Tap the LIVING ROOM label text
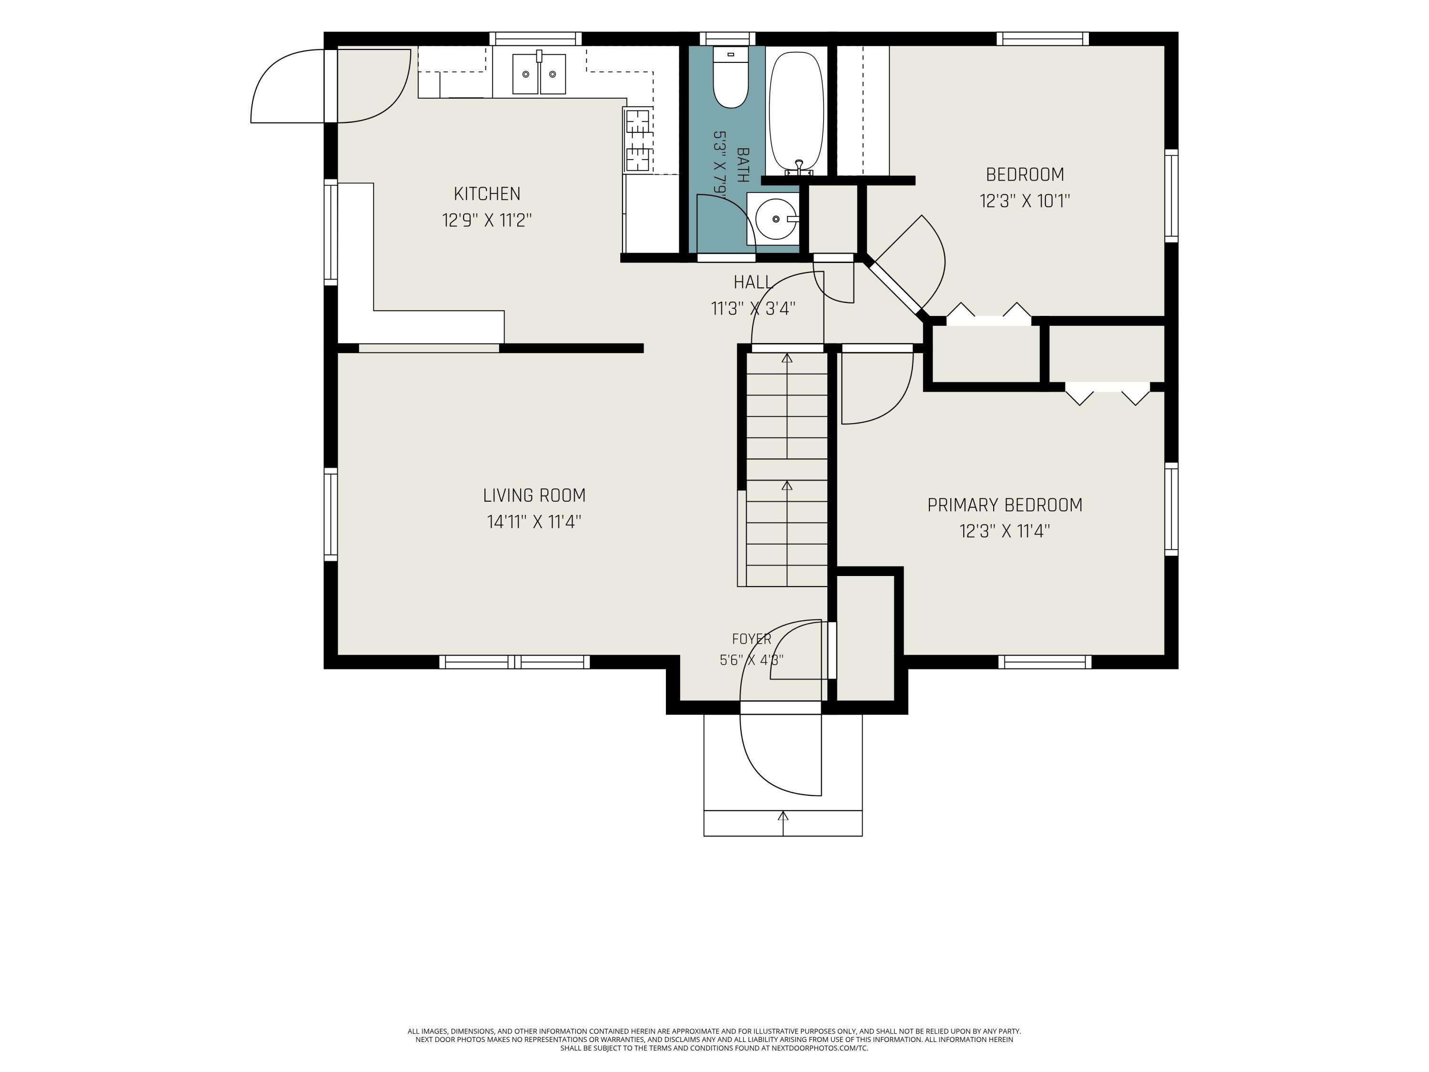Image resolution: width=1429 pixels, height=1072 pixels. [534, 496]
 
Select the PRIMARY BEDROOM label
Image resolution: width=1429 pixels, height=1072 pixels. [1005, 506]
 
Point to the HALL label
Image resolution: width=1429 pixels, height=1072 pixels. [753, 283]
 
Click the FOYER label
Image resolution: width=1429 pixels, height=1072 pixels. [751, 639]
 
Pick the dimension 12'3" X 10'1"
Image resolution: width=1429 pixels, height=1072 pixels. [1025, 201]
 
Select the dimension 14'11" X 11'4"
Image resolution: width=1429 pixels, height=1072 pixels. [534, 522]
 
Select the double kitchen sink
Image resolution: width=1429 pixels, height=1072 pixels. [539, 74]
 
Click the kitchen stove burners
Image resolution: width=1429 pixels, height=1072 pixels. [638, 140]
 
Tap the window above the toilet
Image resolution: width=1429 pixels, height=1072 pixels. [727, 39]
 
